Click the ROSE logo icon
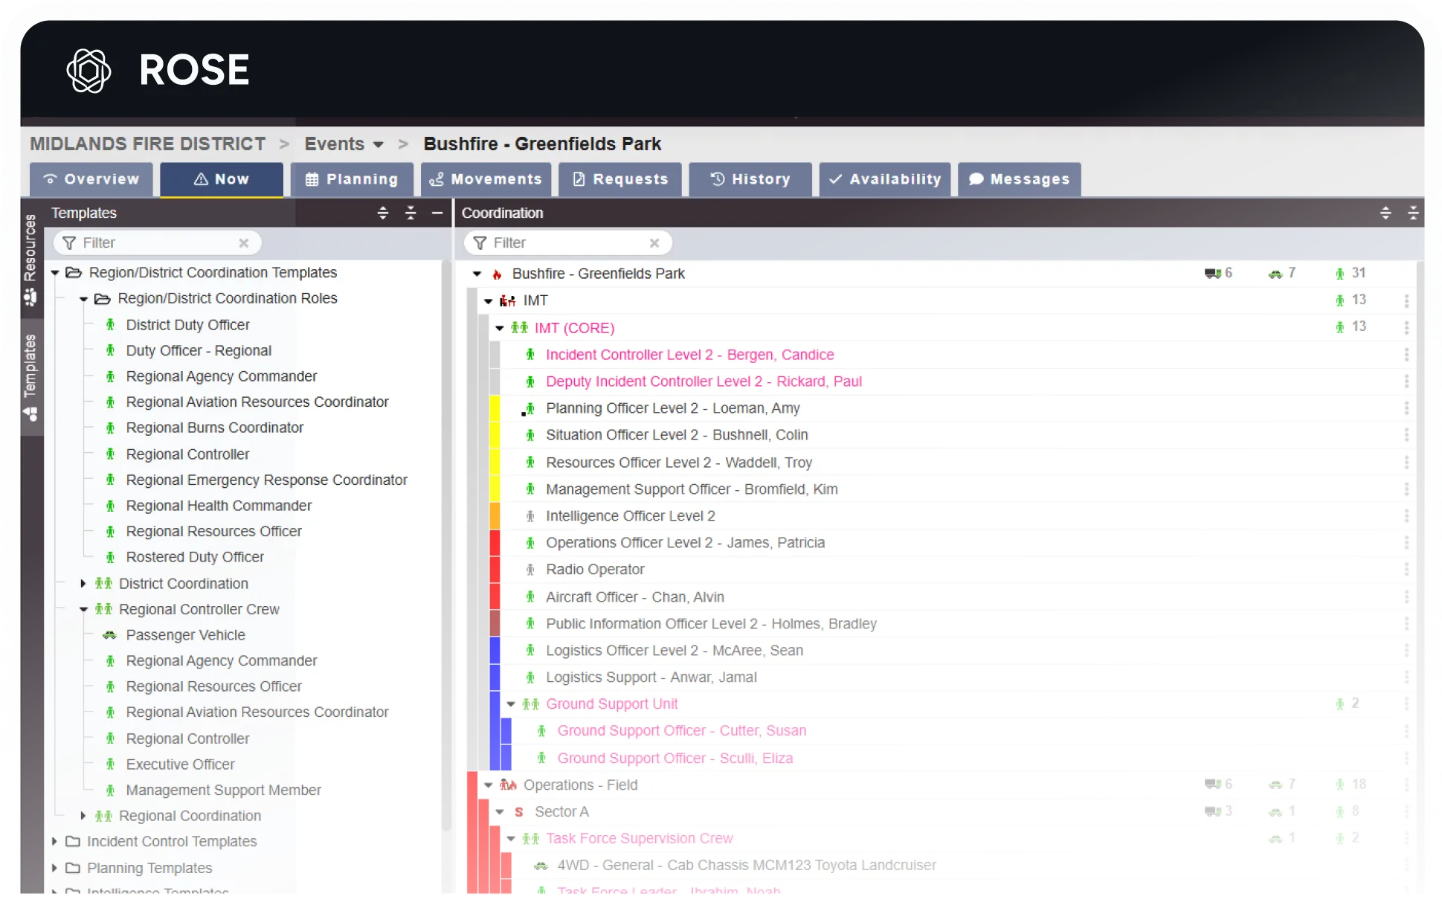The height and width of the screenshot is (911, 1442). tap(88, 71)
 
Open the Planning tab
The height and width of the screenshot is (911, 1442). tap(353, 179)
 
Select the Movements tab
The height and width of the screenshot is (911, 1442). tap(486, 179)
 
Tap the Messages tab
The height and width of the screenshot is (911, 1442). tap(1020, 179)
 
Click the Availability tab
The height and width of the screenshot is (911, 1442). tap(885, 179)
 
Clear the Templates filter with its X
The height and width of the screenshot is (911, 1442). tap(243, 243)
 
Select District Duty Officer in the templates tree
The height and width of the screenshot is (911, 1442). tap(187, 325)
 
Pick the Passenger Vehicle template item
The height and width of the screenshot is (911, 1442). tap(185, 635)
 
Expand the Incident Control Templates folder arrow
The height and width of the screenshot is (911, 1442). tap(54, 842)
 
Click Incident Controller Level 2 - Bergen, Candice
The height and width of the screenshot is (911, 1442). tap(689, 355)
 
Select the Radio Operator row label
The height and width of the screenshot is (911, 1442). tap(595, 570)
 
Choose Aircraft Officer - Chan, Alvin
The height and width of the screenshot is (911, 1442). tap(634, 597)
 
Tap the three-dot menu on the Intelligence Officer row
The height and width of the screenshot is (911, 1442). tap(1406, 516)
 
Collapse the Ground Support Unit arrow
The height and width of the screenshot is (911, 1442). tap(511, 704)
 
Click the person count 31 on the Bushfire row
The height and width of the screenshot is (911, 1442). tap(1358, 274)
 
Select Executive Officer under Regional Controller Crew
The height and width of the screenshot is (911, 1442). tap(180, 764)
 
